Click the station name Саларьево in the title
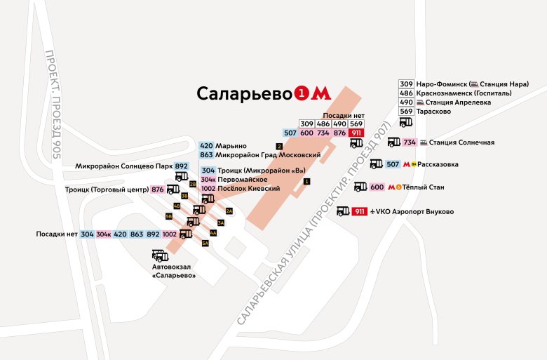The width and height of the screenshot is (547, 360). click(244, 94)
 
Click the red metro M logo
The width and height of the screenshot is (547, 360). click(320, 93)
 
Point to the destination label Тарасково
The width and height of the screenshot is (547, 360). click(435, 111)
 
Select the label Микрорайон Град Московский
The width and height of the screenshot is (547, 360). click(268, 154)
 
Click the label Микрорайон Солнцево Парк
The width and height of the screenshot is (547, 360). click(124, 166)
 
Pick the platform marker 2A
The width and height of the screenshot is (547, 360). click(229, 211)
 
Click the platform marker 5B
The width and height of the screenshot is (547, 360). click(168, 216)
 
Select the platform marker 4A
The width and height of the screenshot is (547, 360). click(213, 232)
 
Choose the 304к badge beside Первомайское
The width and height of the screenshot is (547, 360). click(208, 180)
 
